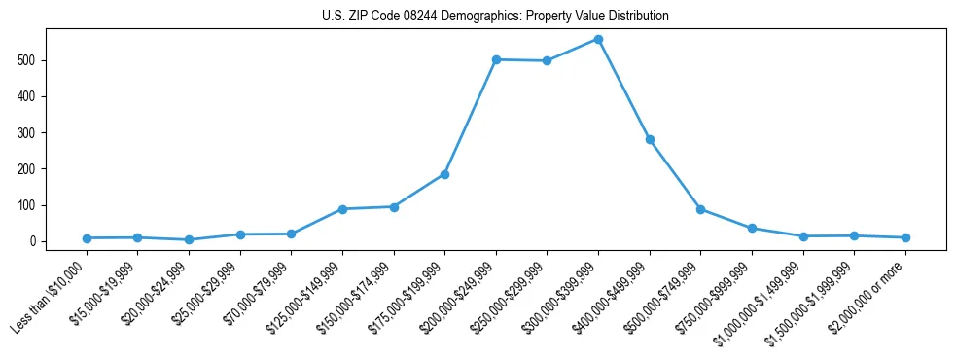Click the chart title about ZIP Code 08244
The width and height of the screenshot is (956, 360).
pyautogui.click(x=495, y=17)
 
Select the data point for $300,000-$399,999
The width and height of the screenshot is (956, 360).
pyautogui.click(x=598, y=40)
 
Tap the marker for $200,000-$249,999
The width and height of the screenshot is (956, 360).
pyautogui.click(x=496, y=59)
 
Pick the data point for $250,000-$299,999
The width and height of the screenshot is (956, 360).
pyautogui.click(x=547, y=60)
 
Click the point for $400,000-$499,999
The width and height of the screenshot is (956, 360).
pyautogui.click(x=650, y=139)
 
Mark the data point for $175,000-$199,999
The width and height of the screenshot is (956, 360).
pyautogui.click(x=444, y=174)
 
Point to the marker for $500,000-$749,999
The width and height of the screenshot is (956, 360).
pyautogui.click(x=700, y=209)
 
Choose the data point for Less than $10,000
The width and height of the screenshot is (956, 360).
pyautogui.click(x=87, y=238)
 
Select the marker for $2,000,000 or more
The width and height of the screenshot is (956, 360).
pyautogui.click(x=905, y=237)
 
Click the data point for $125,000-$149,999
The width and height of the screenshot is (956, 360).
pyautogui.click(x=342, y=209)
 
